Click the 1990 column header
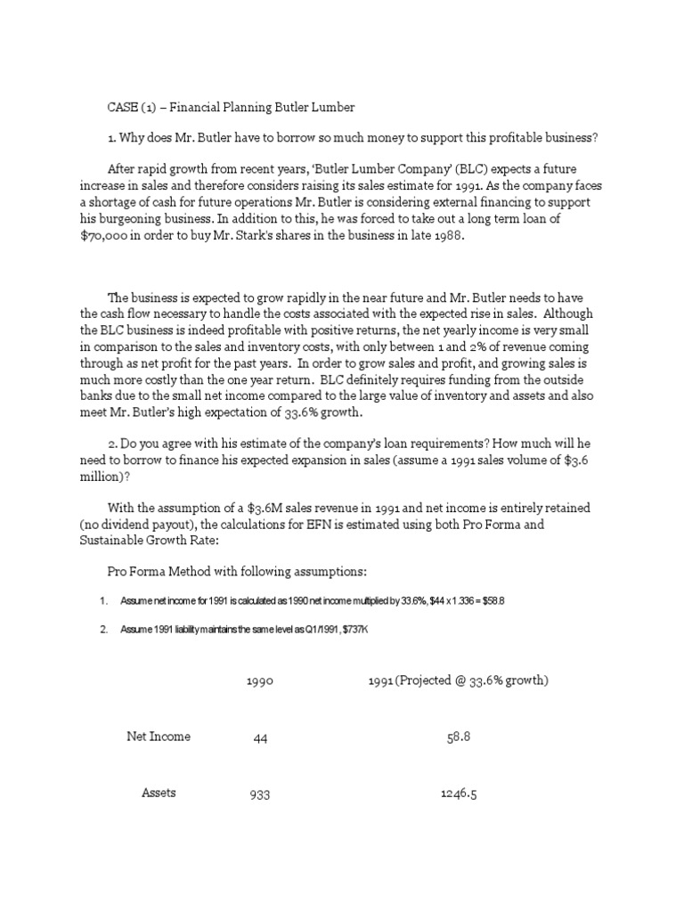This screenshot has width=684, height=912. coord(259,681)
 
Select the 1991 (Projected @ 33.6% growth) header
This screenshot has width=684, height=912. coord(458,681)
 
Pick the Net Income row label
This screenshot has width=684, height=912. coord(159,737)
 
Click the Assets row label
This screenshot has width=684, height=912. coord(159,793)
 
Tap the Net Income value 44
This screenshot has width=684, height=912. coord(260,738)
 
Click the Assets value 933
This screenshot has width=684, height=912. coord(260,794)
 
